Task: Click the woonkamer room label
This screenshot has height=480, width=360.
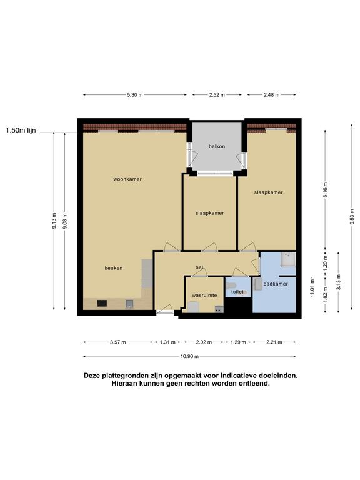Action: coord(127,179)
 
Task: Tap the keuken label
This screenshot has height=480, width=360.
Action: coord(114,268)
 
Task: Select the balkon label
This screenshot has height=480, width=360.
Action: coord(217,146)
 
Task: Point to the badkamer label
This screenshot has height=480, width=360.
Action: coord(276,284)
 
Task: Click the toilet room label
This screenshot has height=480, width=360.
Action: coord(237,292)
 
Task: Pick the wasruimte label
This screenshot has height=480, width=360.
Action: coord(204,296)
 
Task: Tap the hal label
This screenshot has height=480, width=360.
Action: coord(199,267)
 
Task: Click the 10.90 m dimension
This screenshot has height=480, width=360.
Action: coord(189,356)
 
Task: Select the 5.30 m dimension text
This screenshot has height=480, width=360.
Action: coord(135,95)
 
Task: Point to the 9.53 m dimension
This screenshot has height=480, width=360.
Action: coord(352,217)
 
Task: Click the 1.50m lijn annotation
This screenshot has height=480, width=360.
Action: coord(21,131)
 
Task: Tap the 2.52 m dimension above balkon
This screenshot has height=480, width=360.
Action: coord(217,95)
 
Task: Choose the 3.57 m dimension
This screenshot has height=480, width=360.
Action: coord(118,342)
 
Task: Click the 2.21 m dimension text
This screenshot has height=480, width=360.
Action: coord(274,342)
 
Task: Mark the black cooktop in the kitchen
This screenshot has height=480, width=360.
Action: coord(102,303)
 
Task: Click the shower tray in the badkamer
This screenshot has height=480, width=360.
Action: coord(288,259)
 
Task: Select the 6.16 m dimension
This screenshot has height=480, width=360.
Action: coord(325,190)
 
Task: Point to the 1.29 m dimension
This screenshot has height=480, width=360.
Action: coord(238,342)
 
